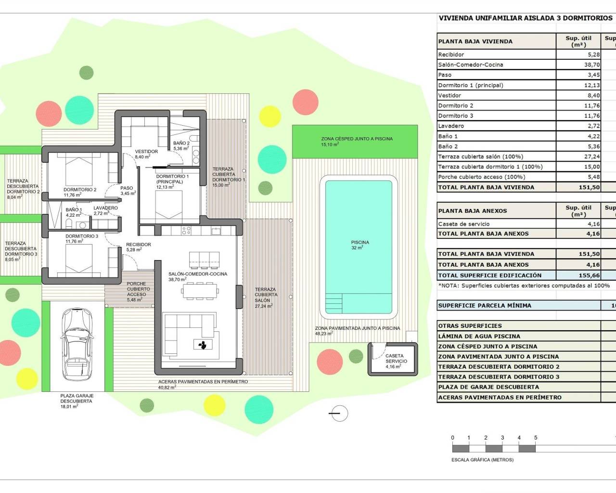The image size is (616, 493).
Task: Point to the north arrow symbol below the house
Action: click(339, 413)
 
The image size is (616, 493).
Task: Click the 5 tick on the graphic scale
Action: click(536, 438)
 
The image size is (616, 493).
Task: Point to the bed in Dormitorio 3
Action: click(80, 261)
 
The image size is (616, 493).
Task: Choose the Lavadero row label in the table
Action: click(451, 126)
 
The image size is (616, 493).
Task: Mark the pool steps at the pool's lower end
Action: click(335, 304)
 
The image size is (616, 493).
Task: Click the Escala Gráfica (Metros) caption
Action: click(482, 460)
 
